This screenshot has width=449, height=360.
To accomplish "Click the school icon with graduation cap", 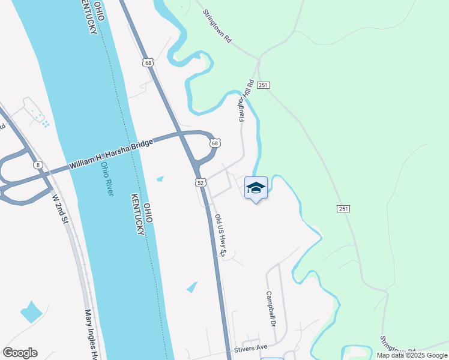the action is click(256, 188).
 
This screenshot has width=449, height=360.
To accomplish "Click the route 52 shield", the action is click(200, 182).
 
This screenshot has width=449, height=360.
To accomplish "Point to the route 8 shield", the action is click(38, 165).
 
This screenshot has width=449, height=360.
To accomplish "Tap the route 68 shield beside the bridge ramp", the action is click(215, 143).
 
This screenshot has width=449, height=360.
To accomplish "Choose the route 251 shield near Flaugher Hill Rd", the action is click(263, 86).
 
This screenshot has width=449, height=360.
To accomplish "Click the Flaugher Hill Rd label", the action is click(247, 101).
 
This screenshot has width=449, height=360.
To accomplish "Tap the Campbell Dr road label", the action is click(271, 309).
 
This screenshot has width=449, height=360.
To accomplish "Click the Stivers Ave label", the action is click(250, 348).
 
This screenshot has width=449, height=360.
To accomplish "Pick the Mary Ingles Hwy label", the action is click(91, 333).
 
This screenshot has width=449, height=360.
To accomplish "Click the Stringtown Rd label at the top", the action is click(217, 25).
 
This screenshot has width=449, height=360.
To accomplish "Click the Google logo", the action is click(20, 353).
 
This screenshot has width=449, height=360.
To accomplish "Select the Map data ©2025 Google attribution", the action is click(411, 355).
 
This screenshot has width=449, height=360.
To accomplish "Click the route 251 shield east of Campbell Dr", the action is click(343, 208).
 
